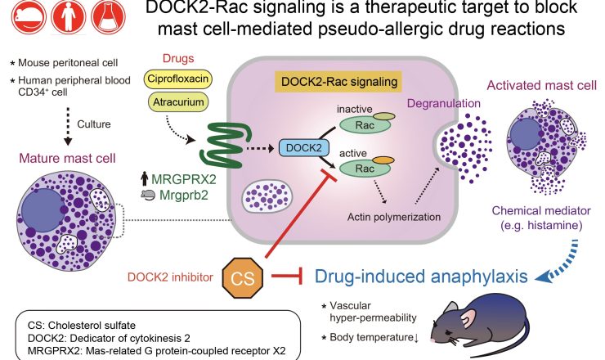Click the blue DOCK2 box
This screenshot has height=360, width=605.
[299, 147]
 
